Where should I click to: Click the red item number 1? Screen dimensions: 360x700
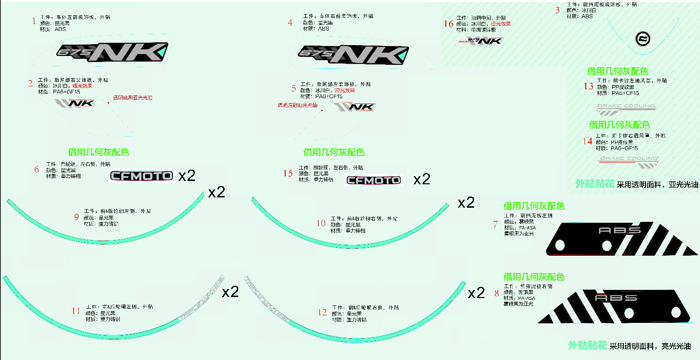click(34, 21)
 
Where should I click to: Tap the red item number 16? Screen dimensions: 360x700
click(449, 23)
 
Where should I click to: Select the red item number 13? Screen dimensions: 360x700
click(589, 86)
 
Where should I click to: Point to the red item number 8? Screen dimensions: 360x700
click(497, 293)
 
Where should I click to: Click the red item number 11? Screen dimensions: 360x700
click(76, 311)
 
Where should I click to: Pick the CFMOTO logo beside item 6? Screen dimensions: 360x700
click(142, 176)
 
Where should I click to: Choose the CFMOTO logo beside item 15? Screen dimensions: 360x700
click(374, 180)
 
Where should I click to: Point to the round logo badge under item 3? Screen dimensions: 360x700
click(642, 39)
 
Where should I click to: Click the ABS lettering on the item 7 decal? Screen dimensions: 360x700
click(620, 230)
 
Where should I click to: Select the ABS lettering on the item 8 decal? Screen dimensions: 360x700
click(616, 298)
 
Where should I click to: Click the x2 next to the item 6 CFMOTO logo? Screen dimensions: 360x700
click(187, 176)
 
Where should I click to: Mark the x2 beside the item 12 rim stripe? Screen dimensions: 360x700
click(476, 293)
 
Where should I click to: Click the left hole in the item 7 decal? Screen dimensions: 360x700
click(559, 245)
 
